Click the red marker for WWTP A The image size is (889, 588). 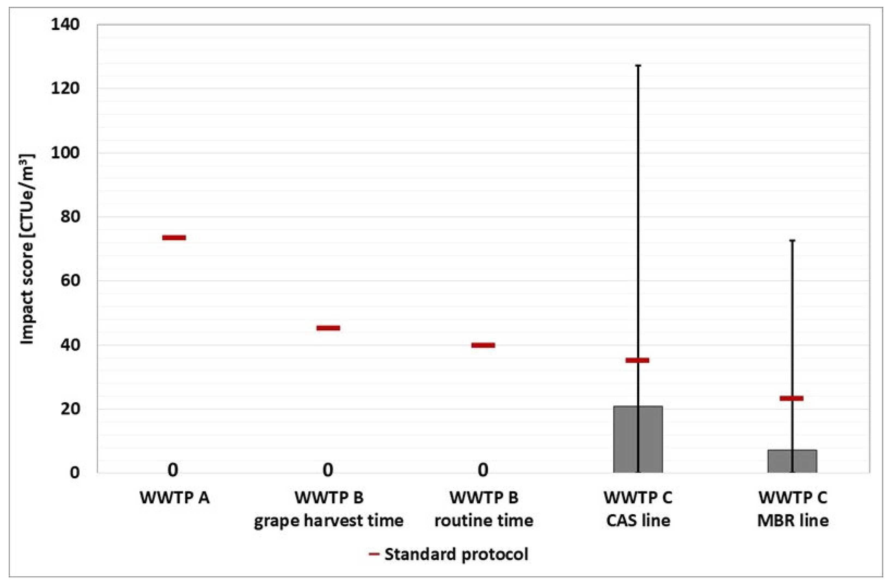tap(174, 237)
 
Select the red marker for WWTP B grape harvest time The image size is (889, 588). tap(328, 328)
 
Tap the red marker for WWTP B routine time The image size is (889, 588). tap(483, 345)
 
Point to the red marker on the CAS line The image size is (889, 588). tap(637, 360)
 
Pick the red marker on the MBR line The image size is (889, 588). tap(791, 398)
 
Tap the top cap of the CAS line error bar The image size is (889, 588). tap(638, 66)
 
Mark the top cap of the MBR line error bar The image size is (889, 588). tap(792, 240)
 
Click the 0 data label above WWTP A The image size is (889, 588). tap(173, 470)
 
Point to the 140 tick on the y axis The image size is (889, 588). tap(65, 25)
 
